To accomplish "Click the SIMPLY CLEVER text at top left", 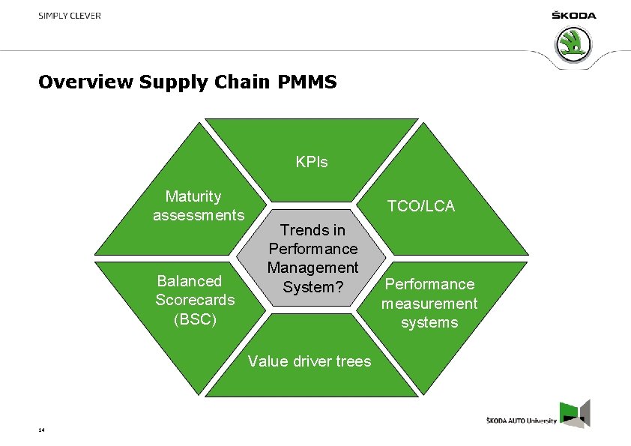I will [70, 16].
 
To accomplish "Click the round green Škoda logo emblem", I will [574, 44].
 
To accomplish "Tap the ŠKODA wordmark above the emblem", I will [574, 16].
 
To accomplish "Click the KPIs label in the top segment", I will [312, 162].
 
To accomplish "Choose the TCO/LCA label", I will [420, 206].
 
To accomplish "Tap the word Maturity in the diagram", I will [193, 196].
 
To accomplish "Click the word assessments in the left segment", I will [199, 216].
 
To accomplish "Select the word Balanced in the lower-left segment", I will [190, 281].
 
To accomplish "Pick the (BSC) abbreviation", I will [195, 319].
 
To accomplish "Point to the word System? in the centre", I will [313, 286].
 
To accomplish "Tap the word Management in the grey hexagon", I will [313, 268].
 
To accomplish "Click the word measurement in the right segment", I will [429, 304].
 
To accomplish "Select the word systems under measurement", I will [429, 322].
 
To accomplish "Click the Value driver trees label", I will [310, 361].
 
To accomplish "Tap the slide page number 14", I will [41, 430].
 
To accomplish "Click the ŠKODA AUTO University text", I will [522, 421].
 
